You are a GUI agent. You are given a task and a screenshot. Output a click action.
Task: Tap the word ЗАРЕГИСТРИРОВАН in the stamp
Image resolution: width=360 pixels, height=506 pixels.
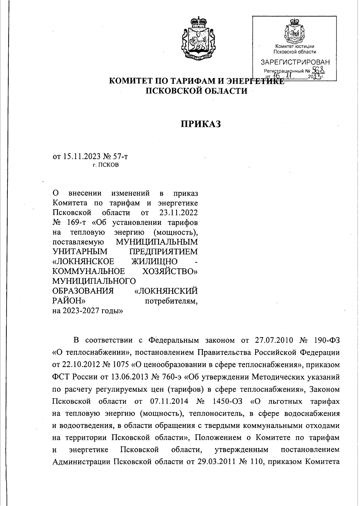click(295, 62)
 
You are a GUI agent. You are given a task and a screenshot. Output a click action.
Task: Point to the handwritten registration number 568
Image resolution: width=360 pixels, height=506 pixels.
click(319, 70)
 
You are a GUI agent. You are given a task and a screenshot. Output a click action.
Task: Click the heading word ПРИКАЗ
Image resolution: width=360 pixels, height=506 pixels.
click(200, 124)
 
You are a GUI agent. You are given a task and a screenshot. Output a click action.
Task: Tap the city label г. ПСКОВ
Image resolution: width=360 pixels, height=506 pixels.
click(106, 165)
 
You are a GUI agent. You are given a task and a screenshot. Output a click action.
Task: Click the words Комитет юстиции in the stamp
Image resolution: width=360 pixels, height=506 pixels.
click(295, 46)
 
